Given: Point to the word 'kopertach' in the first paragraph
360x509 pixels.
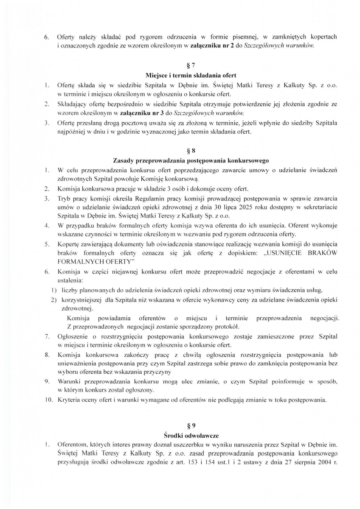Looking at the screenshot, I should [322, 37].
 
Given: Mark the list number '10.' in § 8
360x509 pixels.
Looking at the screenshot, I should [48, 400].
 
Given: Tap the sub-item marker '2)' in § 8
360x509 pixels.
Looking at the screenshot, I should [54, 300].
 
